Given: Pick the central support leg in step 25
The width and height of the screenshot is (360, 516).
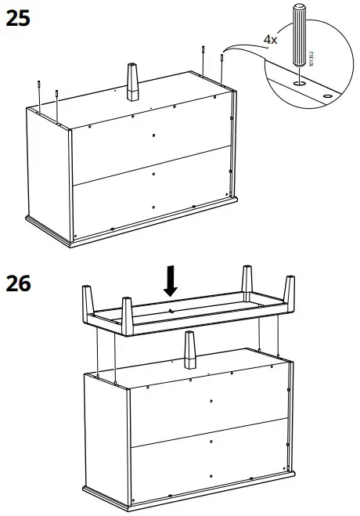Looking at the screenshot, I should point(131,81).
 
